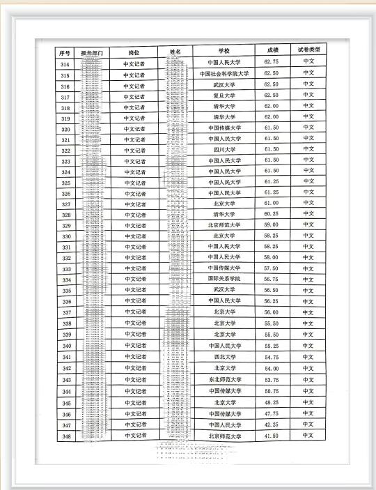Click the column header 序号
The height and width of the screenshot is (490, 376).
tap(65, 52)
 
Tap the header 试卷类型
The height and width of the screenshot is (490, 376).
tap(308, 51)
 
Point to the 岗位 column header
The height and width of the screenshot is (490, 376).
tap(134, 52)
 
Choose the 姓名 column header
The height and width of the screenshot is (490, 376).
tap(175, 52)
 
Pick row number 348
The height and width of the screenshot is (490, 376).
tap(66, 436)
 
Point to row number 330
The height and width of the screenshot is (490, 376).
tap(66, 236)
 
